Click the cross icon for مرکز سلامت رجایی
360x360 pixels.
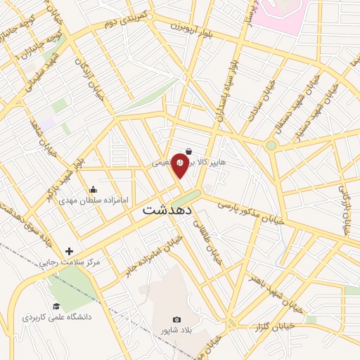pyautogui.click(x=69, y=251)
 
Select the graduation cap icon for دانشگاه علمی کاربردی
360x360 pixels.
pyautogui.click(x=56, y=306)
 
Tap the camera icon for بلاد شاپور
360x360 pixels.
pyautogui.click(x=176, y=320)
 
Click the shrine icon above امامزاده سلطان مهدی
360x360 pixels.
pyautogui.click(x=94, y=189)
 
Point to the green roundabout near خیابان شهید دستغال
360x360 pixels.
pyautogui.click(x=271, y=146)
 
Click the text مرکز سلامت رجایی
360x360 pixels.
pyautogui.click(x=75, y=262)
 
